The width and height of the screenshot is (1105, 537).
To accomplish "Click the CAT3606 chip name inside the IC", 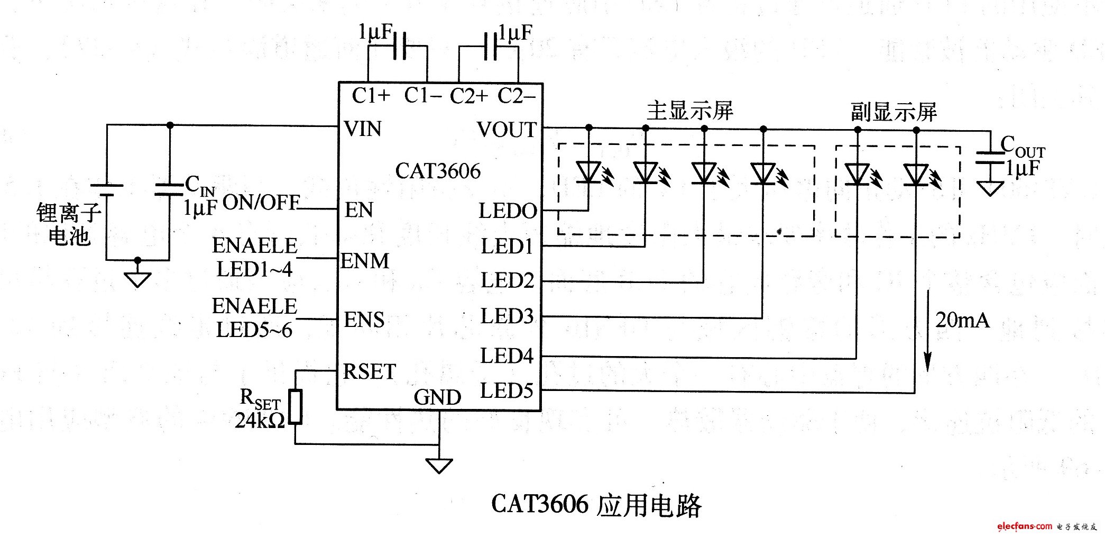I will tap(438, 171).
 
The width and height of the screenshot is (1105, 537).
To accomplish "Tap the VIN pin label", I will tap(363, 129).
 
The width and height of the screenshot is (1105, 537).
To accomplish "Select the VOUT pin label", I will tap(507, 130).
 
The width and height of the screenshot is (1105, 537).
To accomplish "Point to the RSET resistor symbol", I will tap(296, 407).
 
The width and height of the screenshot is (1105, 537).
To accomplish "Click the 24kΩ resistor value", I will tap(260, 421).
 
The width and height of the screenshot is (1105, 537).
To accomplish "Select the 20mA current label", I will tap(962, 320).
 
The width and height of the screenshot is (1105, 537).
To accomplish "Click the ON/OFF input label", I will tap(261, 202).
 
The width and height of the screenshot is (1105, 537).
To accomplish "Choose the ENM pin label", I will tap(365, 261).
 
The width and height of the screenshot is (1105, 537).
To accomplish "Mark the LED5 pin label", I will tap(507, 390).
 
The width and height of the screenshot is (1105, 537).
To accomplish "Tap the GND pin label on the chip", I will tap(437, 397).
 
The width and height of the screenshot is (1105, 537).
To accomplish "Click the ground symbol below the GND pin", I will tap(439, 466).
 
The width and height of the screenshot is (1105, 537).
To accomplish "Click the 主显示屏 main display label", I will tap(690, 111).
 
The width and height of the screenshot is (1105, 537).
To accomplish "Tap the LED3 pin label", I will tap(507, 316).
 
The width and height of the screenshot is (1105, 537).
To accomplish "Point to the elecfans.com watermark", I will tap(1025, 526).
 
